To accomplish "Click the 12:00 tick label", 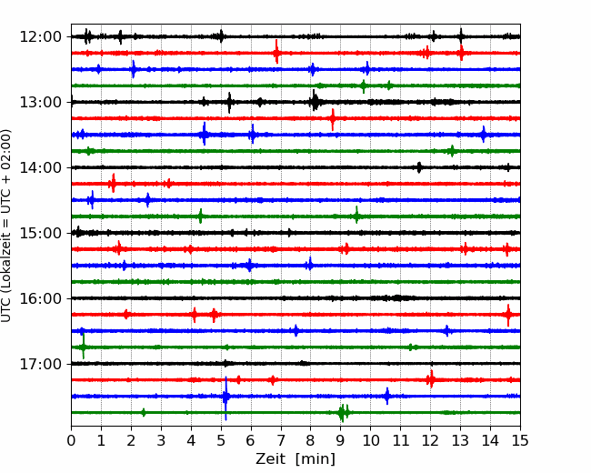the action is (40, 37).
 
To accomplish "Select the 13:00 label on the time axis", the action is (40, 102).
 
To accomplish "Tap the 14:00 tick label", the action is (40, 167).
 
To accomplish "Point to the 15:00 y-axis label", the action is (40, 233).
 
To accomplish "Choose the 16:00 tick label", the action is (40, 298).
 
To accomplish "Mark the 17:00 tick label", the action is (40, 364).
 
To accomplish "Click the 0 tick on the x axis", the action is (71, 440).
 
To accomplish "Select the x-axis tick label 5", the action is (221, 440).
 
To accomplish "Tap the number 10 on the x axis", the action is (370, 440).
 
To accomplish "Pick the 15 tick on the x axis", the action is (520, 440).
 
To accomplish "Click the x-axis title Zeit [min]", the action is (295, 459).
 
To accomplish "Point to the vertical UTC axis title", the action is (6, 226).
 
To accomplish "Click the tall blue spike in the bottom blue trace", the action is (225, 398).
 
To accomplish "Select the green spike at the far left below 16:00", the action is (84, 347).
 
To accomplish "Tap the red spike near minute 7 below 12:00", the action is (276, 52).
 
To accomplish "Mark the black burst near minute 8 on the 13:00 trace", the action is (315, 101).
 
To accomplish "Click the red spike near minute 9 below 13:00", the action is (333, 119).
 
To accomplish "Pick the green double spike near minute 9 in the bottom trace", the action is (344, 413).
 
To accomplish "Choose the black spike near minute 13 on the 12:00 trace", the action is (461, 36).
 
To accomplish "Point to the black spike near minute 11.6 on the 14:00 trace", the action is (419, 167).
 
